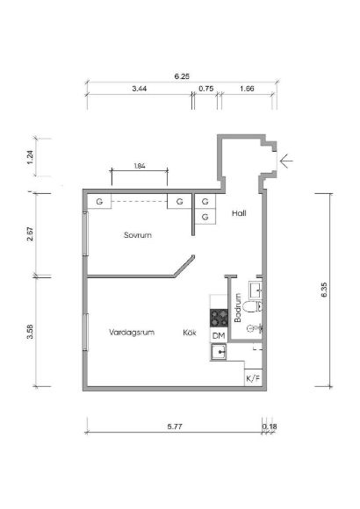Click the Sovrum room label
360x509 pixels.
pos(138,235)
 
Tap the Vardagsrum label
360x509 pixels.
pos(132,333)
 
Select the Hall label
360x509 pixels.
pos(239,213)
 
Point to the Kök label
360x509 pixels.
pos(190,333)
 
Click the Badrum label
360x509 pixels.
pos(238,308)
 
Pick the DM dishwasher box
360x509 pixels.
pos(219,336)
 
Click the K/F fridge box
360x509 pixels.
pos(253,378)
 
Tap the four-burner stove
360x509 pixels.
pos(219,318)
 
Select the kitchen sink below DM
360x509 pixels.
pos(219,352)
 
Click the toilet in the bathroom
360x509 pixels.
pos(253,306)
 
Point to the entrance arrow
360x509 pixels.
pos(286,161)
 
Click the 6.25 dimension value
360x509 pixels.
pos(182,76)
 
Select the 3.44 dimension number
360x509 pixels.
pos(140,89)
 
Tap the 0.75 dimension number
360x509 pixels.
pos(206,89)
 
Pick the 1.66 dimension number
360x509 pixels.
pos(247,89)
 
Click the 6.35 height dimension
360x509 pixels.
pos(324,290)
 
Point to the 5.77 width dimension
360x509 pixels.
pos(175,427)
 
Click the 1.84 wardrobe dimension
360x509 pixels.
pos(140,166)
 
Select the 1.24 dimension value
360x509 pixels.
pos(30,157)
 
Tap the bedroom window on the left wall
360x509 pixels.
pos(86,233)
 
